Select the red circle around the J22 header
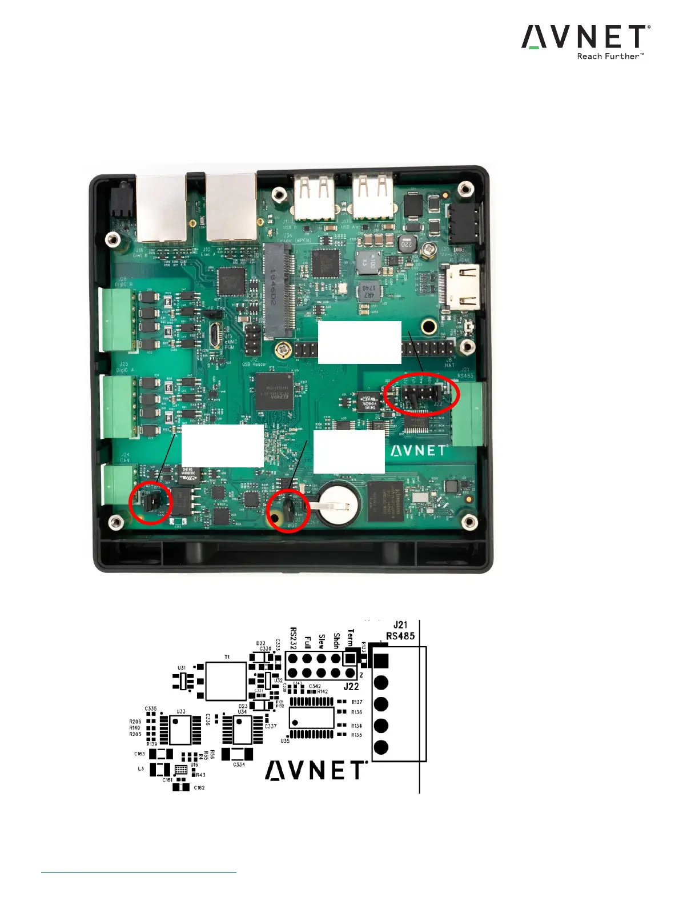(421, 394)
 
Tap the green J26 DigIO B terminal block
(117, 319)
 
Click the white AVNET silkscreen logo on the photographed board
(419, 451)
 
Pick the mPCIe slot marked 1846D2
(278, 291)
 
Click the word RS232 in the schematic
(294, 638)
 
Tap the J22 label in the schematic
(351, 686)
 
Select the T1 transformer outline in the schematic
(226, 682)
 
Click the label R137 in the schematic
(357, 702)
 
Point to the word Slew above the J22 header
(322, 641)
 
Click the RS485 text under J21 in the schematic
(400, 636)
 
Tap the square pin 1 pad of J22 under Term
(350, 658)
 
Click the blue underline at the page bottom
(139, 872)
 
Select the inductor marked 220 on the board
(406, 244)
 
